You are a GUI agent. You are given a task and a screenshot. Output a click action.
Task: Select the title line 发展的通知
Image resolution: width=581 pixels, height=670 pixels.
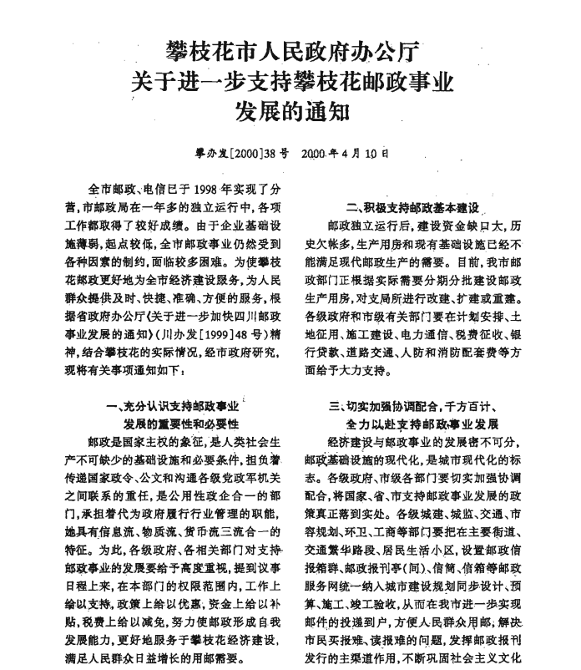[290, 109]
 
